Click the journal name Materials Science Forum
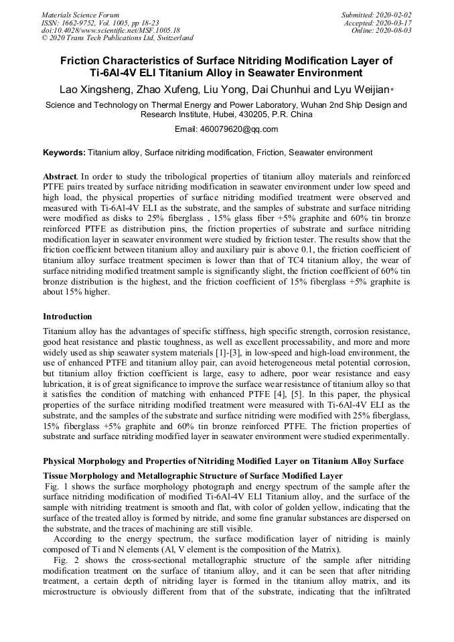pyautogui.click(x=80, y=15)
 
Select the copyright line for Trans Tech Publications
pyautogui.click(x=117, y=38)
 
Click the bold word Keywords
pyautogui.click(x=64, y=153)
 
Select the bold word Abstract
pyautogui.click(x=60, y=175)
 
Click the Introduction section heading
pyautogui.click(x=68, y=317)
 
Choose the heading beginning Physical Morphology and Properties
pyautogui.click(x=223, y=443)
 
